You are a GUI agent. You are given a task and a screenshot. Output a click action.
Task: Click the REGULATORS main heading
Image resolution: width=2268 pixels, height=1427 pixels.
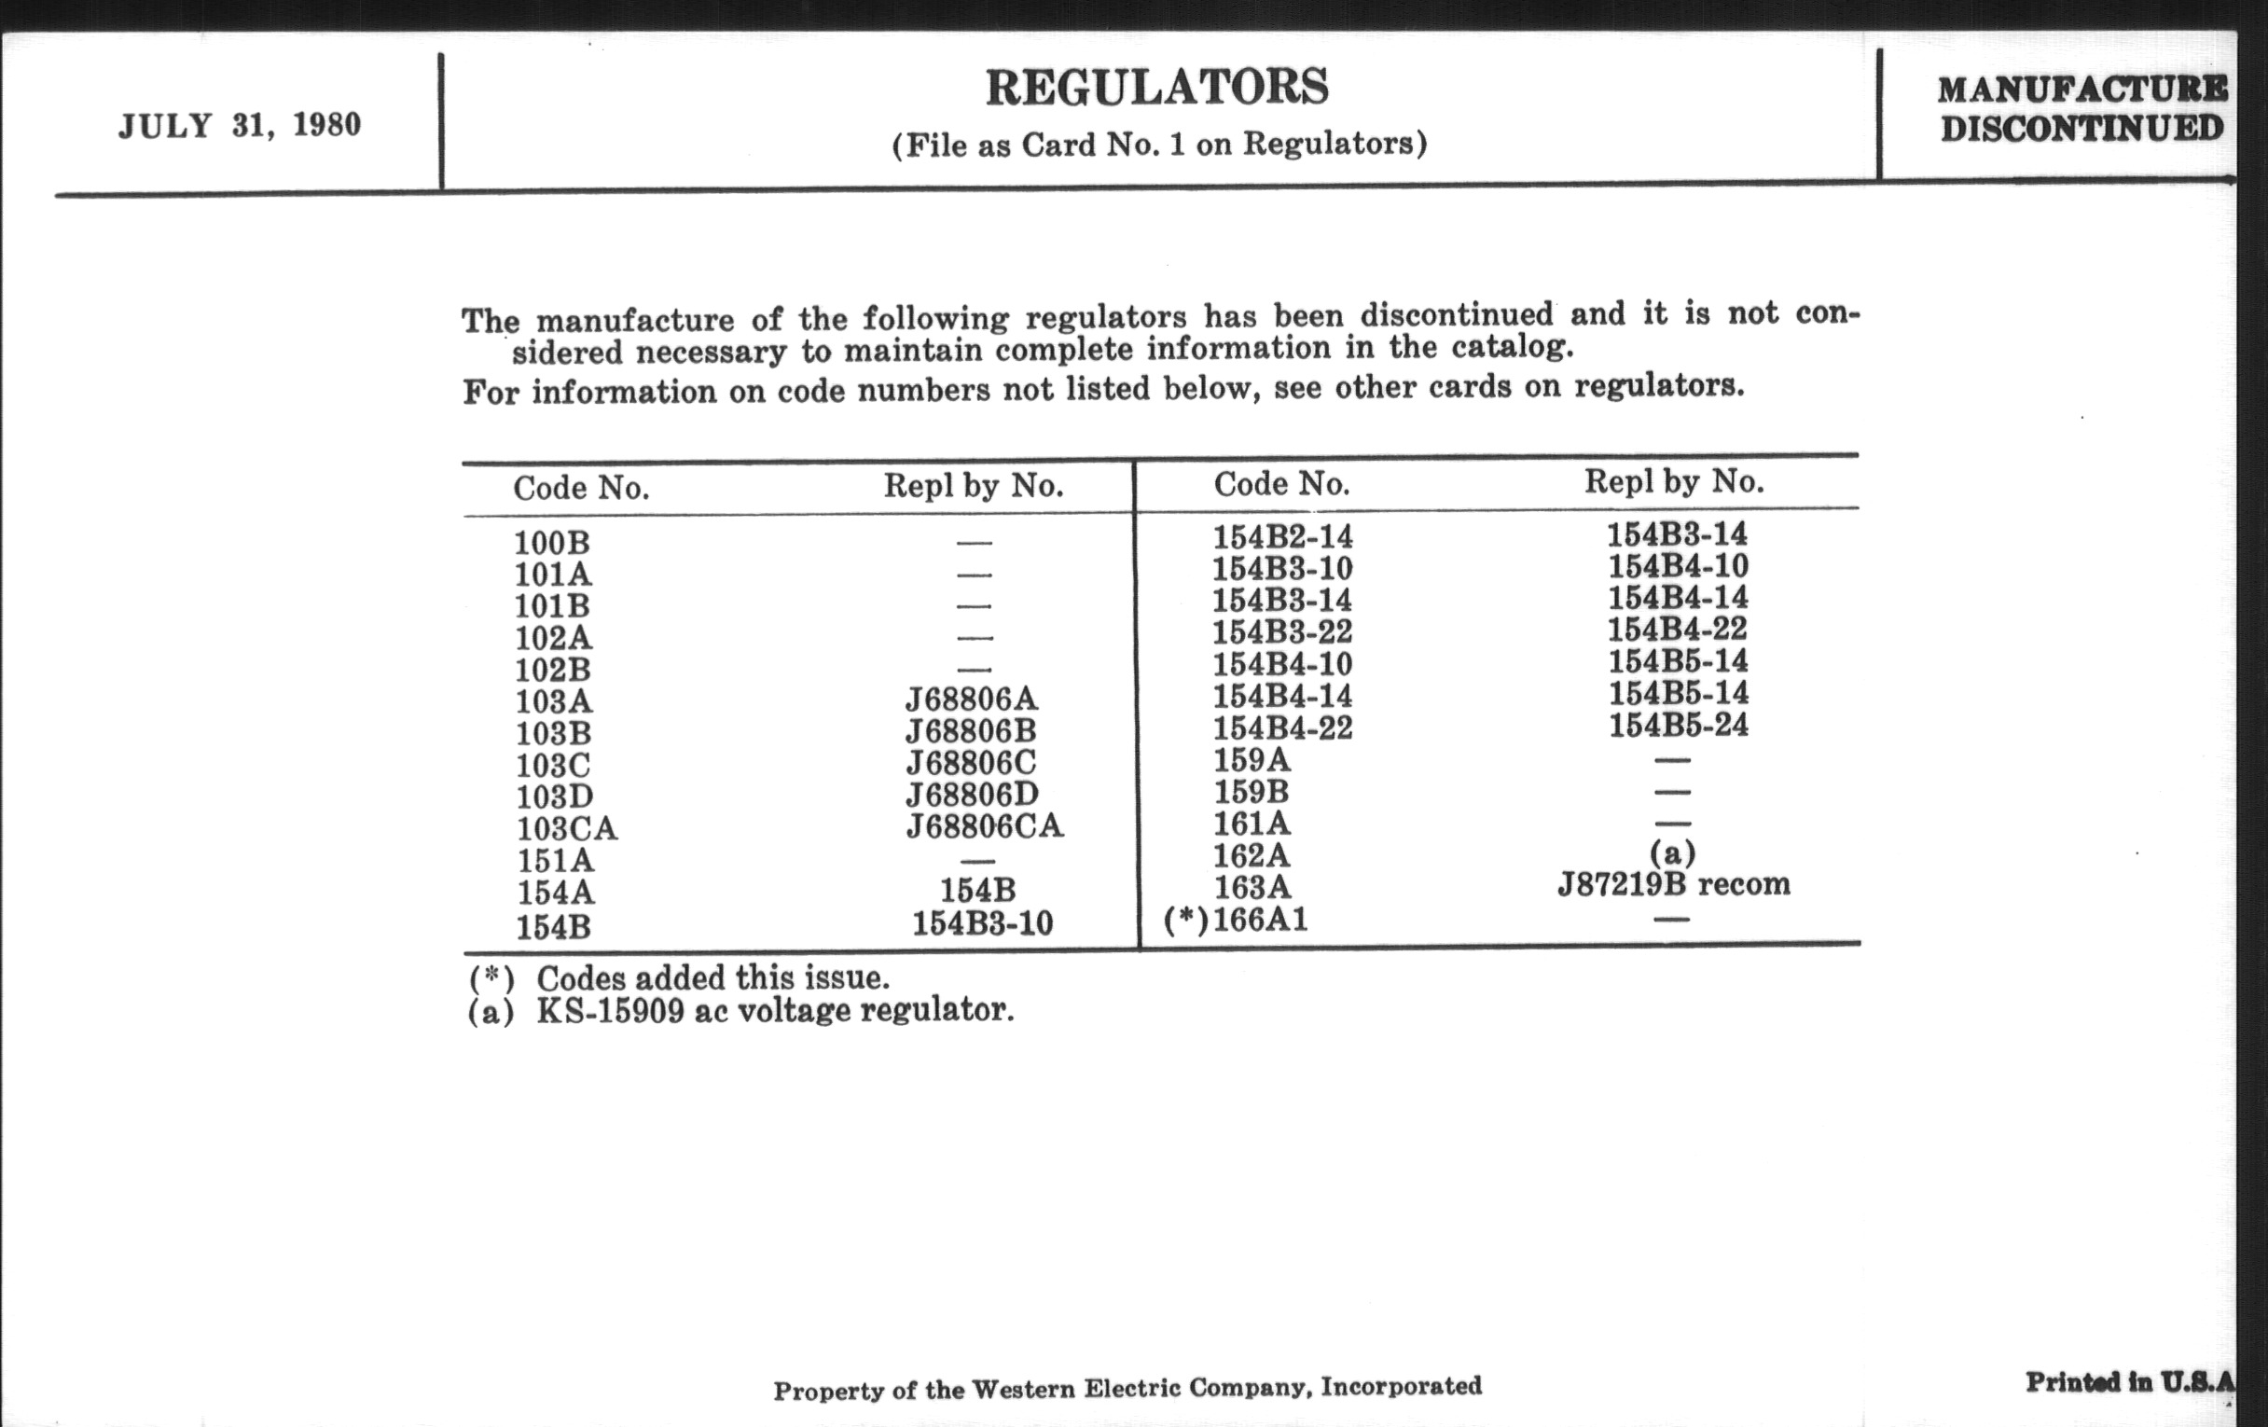(x=1156, y=88)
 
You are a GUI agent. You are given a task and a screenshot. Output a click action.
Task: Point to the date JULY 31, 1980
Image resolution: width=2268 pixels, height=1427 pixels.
(x=240, y=125)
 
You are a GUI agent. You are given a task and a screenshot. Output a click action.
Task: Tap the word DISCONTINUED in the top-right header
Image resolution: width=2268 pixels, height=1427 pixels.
(x=2081, y=128)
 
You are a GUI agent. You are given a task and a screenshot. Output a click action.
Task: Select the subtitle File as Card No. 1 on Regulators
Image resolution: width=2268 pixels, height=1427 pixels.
(x=1159, y=145)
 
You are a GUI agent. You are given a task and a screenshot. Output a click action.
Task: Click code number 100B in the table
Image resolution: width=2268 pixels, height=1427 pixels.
(x=552, y=543)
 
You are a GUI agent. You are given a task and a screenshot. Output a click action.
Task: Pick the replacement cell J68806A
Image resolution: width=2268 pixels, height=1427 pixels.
(x=971, y=699)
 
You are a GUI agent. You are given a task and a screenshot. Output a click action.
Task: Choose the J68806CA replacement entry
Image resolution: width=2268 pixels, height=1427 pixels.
(x=984, y=826)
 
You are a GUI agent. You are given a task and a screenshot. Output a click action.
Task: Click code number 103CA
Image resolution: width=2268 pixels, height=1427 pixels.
(x=567, y=829)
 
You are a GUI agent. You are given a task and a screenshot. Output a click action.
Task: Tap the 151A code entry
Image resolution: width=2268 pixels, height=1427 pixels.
(x=556, y=861)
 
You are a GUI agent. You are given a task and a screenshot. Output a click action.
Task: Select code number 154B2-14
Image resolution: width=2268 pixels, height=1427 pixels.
(x=1282, y=537)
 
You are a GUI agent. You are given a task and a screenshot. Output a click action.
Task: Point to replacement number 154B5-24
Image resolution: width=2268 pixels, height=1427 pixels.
(x=1678, y=726)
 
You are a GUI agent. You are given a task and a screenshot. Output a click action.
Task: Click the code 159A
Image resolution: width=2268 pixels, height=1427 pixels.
(x=1252, y=759)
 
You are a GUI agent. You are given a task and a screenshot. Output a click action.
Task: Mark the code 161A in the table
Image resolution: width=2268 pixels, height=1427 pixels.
(x=1252, y=824)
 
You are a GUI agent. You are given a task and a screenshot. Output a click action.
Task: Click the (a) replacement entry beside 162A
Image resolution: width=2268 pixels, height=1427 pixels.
(x=1673, y=852)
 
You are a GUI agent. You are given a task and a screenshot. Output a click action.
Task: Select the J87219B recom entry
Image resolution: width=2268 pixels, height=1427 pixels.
(x=1674, y=884)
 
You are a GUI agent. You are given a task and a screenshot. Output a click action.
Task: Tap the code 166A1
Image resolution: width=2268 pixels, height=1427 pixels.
(x=1260, y=919)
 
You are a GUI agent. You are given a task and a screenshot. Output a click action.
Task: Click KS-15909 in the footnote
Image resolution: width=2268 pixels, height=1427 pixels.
(x=610, y=1011)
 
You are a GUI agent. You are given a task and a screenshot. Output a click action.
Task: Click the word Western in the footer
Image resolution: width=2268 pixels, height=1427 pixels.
(x=1022, y=1389)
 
